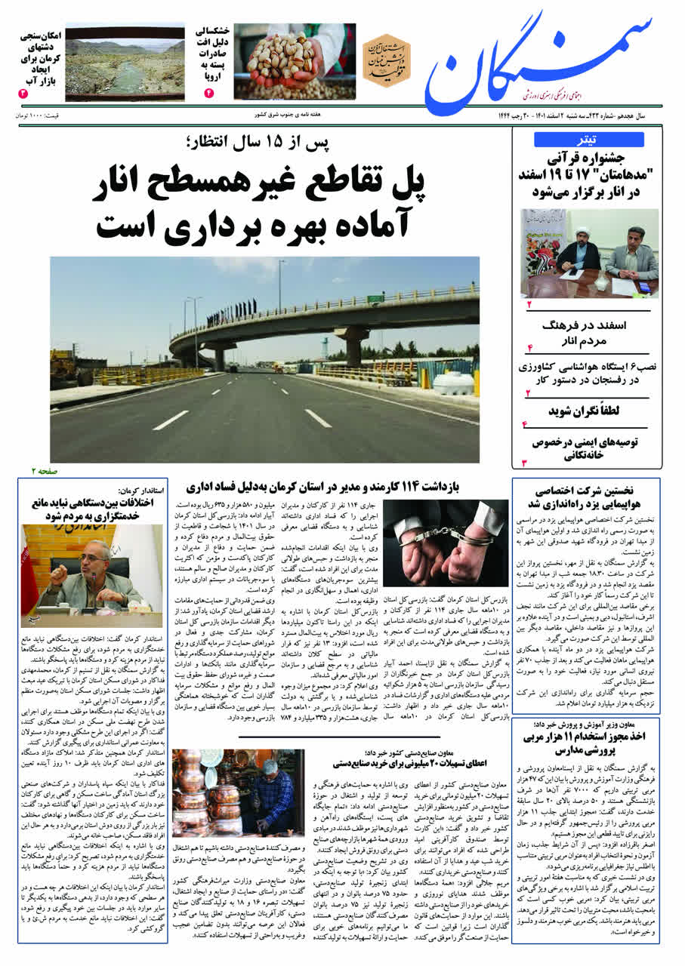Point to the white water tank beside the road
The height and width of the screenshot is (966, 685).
453,383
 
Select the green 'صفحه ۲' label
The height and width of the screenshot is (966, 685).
45,470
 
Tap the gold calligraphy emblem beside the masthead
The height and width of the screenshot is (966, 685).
386,60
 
